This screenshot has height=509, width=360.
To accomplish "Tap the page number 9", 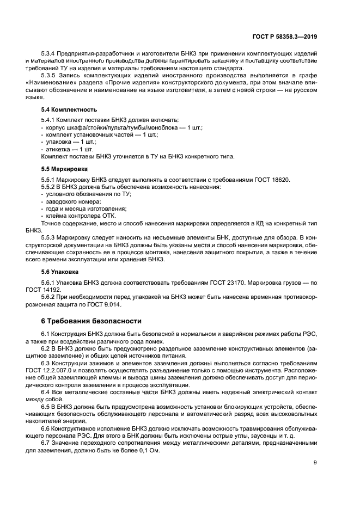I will point(315,463).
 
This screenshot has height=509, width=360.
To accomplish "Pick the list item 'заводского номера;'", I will point(69,201).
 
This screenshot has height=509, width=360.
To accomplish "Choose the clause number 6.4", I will point(46,392).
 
